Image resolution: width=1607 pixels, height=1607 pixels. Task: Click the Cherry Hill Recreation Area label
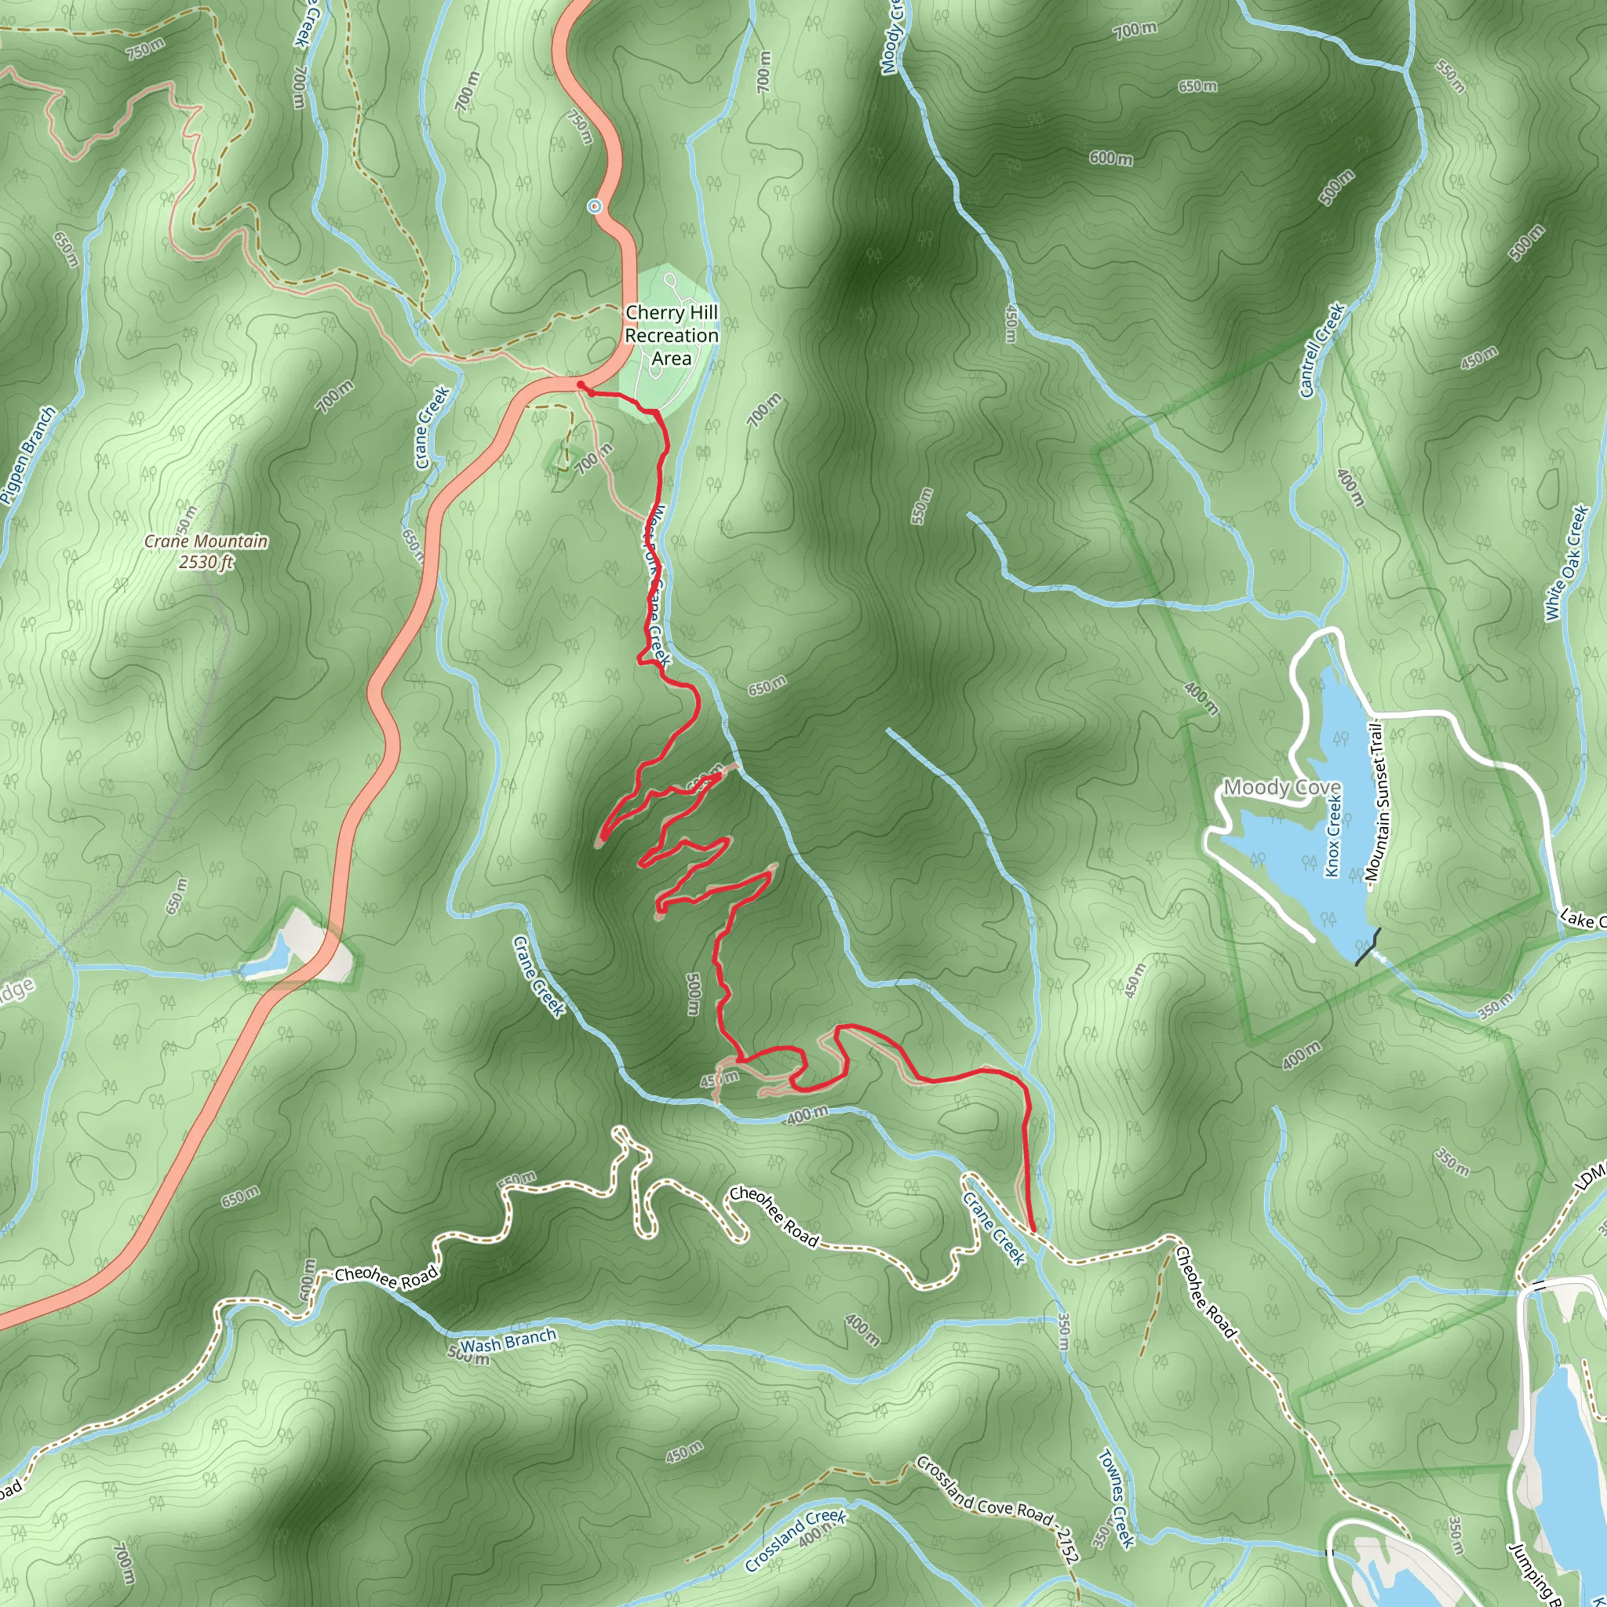pyautogui.click(x=671, y=335)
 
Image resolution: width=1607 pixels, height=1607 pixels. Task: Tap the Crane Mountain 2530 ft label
pyautogui.click(x=206, y=552)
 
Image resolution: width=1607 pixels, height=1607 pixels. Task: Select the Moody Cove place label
pyautogui.click(x=1282, y=787)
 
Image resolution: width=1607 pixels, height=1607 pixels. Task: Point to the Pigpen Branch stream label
pyautogui.click(x=28, y=455)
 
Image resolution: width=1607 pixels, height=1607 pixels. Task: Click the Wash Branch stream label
pyautogui.click(x=508, y=1341)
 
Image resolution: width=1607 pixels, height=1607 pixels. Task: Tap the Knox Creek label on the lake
pyautogui.click(x=1333, y=835)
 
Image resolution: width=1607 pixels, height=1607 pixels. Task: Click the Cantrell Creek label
pyautogui.click(x=1321, y=349)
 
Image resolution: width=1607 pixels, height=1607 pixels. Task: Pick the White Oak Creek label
pyautogui.click(x=1566, y=563)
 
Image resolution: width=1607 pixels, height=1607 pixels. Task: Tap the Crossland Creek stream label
pyautogui.click(x=794, y=1541)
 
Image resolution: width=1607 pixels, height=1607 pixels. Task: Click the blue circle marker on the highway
pyautogui.click(x=595, y=206)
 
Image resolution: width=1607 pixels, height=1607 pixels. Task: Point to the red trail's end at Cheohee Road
pyautogui.click(x=1033, y=1231)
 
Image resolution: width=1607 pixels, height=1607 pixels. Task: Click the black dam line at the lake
pyautogui.click(x=1368, y=946)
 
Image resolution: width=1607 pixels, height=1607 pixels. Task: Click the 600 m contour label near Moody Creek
pyautogui.click(x=1111, y=157)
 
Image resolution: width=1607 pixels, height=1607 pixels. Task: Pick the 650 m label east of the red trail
pyautogui.click(x=767, y=687)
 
